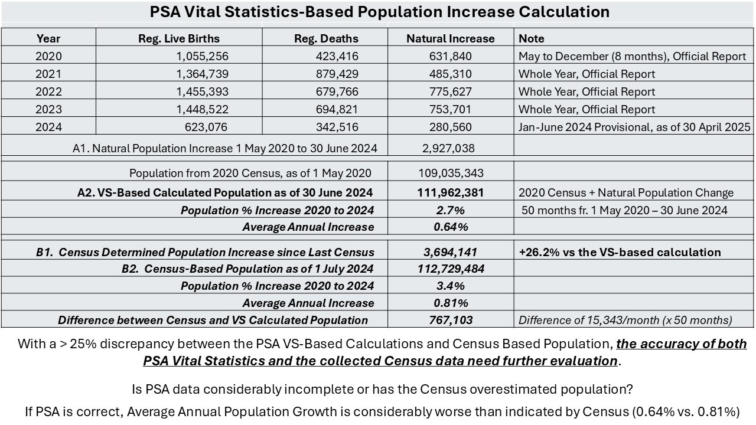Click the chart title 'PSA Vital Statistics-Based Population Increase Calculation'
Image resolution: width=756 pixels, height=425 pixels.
click(379, 12)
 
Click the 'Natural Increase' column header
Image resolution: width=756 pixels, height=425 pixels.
click(450, 38)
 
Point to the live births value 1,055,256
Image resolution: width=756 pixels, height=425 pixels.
click(198, 57)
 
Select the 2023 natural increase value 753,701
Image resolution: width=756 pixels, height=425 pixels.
click(450, 109)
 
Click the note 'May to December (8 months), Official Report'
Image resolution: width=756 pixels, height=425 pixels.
click(632, 57)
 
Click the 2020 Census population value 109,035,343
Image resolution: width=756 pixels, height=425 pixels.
click(450, 173)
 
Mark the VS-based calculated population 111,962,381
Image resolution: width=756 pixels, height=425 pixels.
click(450, 192)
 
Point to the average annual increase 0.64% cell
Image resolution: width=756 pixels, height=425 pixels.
click(450, 227)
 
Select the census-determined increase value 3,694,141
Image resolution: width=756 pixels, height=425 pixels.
click(450, 252)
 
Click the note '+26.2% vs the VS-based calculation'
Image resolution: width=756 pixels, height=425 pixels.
click(620, 252)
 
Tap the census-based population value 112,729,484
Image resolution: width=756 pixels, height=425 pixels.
click(450, 269)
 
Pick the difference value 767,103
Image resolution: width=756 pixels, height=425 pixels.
click(450, 320)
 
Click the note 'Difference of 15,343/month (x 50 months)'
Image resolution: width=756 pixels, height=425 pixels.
click(625, 320)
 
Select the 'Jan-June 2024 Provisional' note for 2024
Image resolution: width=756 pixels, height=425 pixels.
click(634, 127)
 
